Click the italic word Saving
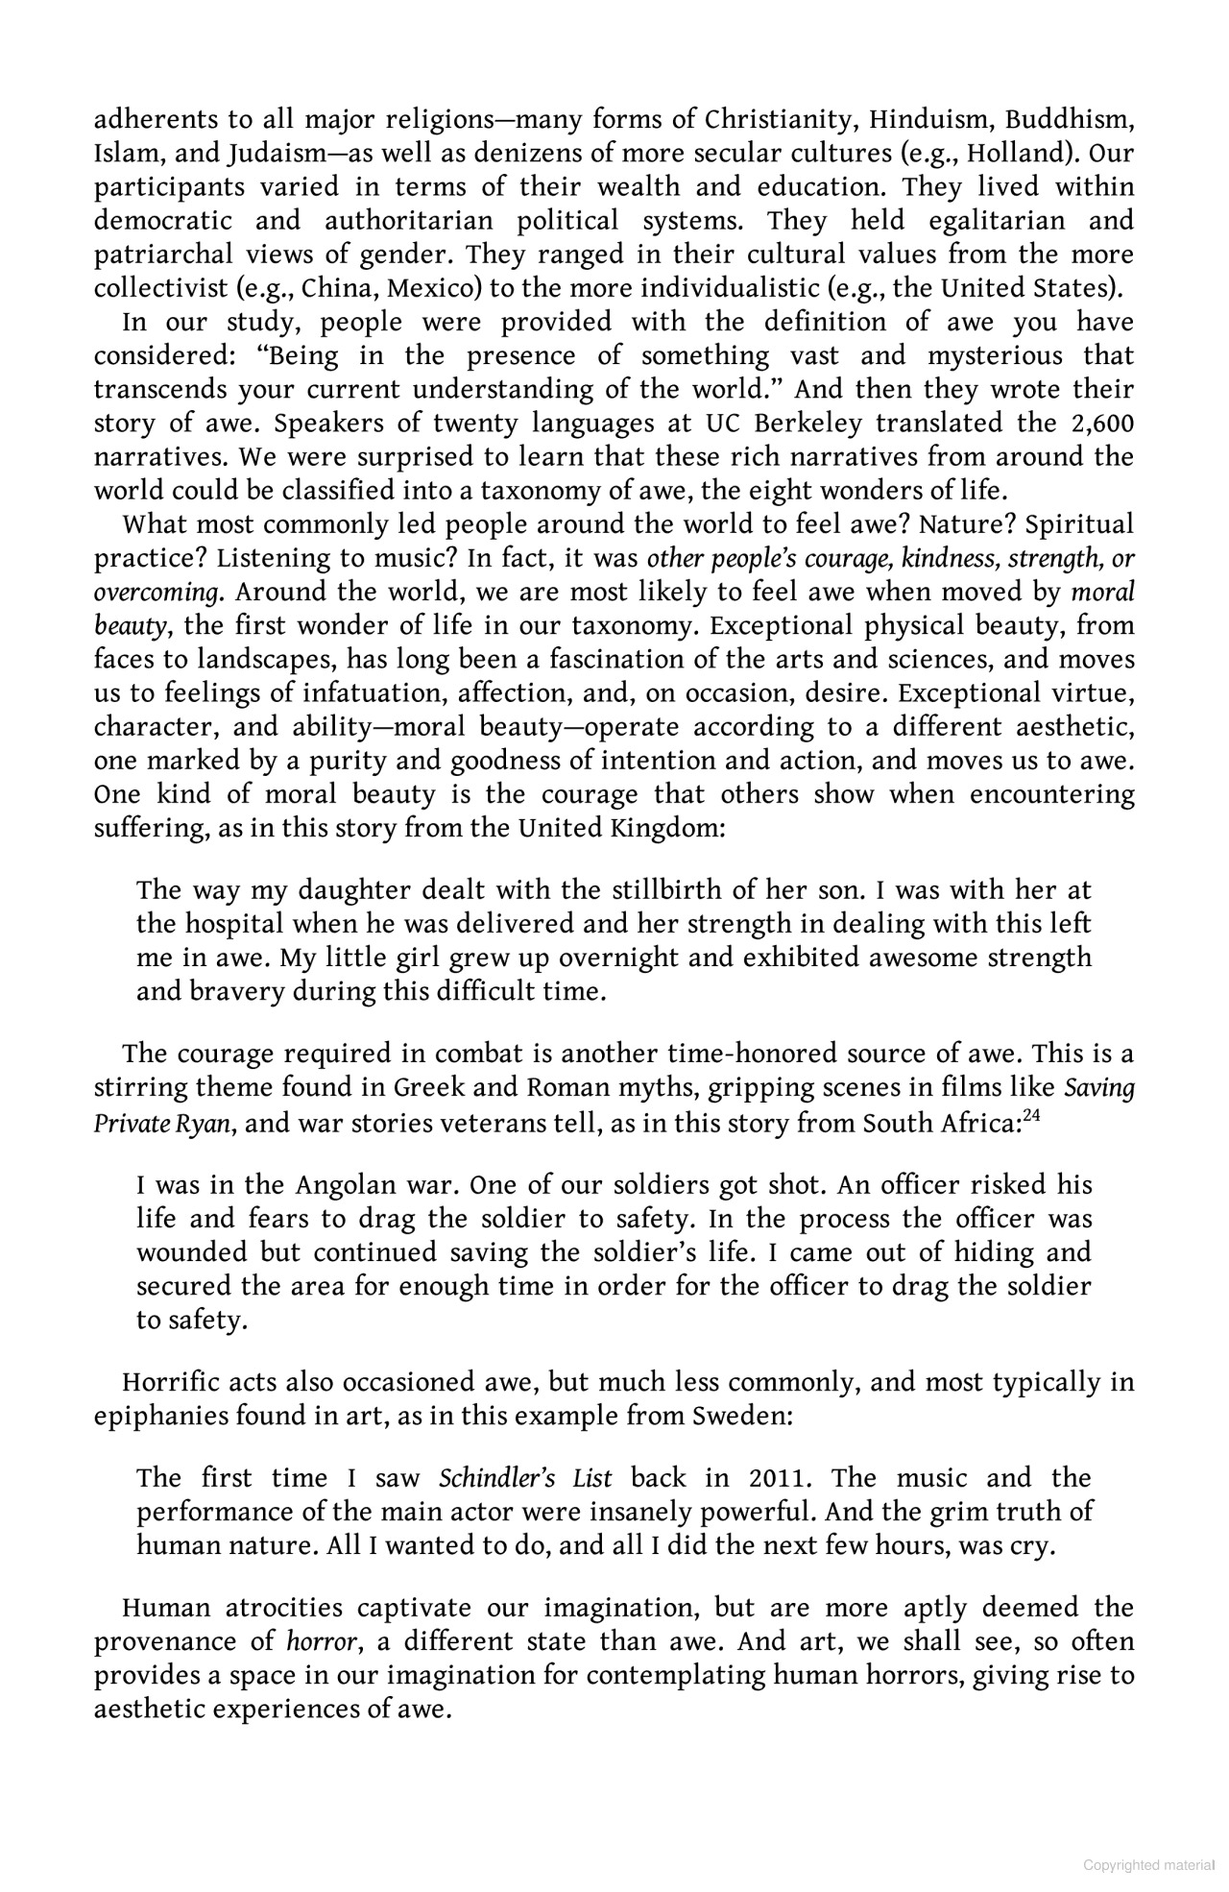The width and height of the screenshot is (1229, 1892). pyautogui.click(x=1099, y=1088)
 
